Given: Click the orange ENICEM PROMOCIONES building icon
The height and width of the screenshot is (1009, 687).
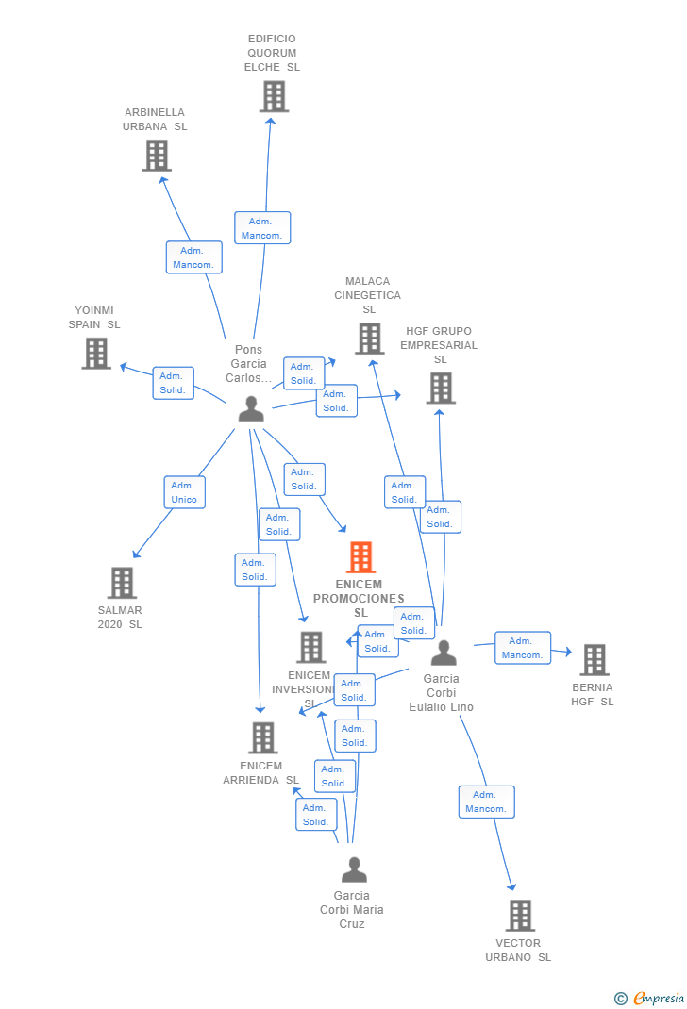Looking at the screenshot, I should (360, 557).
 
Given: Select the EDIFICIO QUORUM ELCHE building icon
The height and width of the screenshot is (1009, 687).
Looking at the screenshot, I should (273, 96).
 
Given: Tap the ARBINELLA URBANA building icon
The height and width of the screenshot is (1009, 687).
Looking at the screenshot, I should (157, 156).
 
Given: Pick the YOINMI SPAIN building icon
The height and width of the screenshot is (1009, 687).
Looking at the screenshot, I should (96, 353).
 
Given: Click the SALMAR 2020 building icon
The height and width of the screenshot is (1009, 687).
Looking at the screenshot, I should (122, 583).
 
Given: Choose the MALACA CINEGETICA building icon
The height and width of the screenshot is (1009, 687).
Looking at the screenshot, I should (369, 339).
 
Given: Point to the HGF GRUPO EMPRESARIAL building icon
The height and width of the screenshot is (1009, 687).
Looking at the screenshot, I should (440, 388).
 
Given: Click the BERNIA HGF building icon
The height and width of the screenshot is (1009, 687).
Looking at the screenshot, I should (594, 660).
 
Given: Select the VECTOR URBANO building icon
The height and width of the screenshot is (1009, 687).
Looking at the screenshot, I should (519, 915).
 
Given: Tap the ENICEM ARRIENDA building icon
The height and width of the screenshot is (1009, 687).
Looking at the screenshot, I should (262, 737).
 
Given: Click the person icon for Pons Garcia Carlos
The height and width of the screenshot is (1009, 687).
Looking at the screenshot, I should (251, 408).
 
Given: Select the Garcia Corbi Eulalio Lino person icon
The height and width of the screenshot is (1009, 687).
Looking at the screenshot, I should (443, 653).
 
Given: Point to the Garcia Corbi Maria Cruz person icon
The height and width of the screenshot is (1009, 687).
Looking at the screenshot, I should (354, 869).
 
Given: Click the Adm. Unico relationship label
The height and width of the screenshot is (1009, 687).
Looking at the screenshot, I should (184, 492).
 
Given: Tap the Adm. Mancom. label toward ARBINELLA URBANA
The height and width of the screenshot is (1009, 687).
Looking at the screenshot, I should (193, 257).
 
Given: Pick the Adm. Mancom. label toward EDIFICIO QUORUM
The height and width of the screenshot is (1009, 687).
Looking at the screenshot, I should (261, 228).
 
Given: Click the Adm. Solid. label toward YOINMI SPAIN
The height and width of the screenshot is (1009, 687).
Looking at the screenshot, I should (173, 383).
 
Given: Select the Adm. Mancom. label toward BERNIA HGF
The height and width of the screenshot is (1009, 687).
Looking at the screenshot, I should (522, 648).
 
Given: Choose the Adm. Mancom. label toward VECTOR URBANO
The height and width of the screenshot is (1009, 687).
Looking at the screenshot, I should (486, 802).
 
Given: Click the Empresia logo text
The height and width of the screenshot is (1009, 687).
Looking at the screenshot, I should (658, 998).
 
